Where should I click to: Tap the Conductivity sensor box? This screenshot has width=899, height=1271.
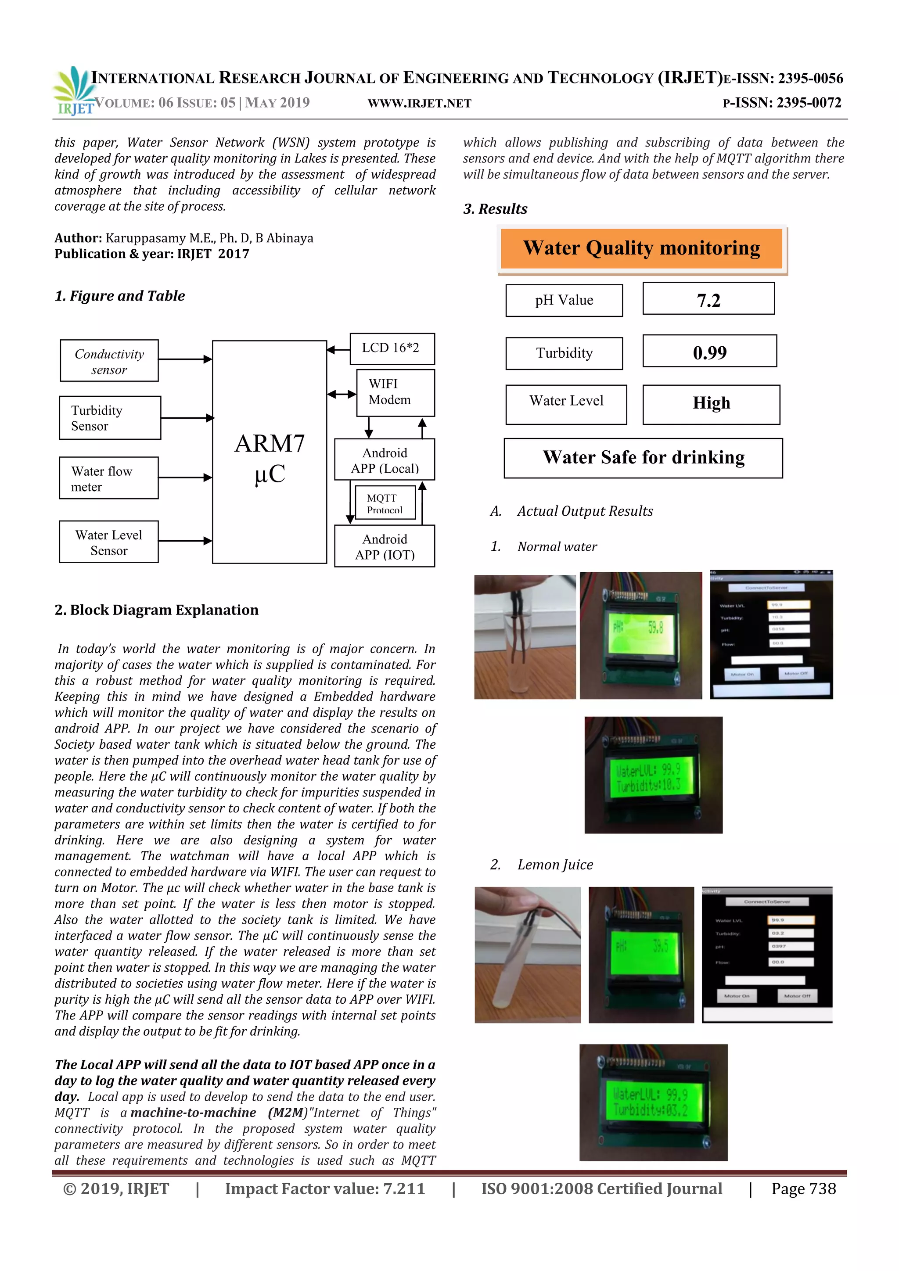coord(109,361)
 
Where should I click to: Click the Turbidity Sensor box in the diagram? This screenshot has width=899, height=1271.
coord(110,418)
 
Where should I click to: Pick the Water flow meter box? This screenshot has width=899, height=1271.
coord(108,478)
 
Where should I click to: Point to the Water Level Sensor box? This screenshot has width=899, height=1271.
coord(108,542)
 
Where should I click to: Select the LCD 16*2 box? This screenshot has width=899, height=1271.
coord(392,348)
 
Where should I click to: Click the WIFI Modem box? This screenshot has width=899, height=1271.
coord(395,392)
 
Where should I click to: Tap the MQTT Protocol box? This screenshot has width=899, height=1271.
coord(385,503)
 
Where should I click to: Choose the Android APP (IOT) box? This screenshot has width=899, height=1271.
coord(384,546)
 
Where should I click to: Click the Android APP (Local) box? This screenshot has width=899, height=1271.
coord(384,460)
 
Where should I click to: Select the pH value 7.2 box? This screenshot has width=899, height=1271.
coord(708,299)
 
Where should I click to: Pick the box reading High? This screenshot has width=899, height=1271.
coord(711,404)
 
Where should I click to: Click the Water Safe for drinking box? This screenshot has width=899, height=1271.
coord(643,458)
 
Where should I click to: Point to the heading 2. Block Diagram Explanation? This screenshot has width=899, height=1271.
coord(156,610)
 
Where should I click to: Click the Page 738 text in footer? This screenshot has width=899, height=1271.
coord(803,1188)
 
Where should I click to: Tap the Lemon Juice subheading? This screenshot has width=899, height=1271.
coord(555,865)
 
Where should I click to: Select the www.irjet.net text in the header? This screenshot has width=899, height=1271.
coord(419,104)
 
